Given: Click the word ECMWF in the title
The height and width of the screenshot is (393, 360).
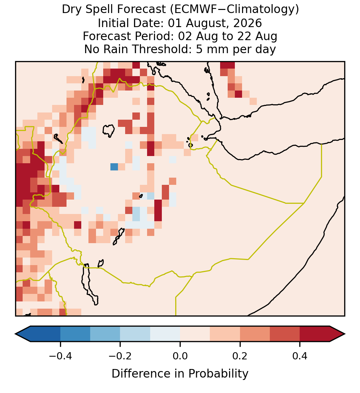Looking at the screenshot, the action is click(x=192, y=9).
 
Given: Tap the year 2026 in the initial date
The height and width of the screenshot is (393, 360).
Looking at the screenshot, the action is click(x=248, y=23).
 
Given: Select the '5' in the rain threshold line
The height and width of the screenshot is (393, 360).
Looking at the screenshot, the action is click(x=199, y=49).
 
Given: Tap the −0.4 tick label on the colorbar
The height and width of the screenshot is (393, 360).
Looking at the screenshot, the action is click(x=60, y=356).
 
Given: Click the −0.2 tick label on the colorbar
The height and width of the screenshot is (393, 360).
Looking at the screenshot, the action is click(x=120, y=356).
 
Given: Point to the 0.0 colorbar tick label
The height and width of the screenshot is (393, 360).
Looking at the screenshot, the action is click(x=180, y=356).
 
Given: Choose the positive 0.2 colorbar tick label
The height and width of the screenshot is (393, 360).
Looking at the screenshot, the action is click(x=240, y=356).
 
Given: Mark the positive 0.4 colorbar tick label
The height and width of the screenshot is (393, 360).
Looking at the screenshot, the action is click(x=300, y=356).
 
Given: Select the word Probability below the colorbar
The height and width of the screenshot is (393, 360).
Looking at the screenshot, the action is click(x=218, y=374).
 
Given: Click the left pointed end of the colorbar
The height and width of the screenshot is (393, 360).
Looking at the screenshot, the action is click(x=15, y=334).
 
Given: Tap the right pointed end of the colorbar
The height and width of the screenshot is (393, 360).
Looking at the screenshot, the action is click(x=345, y=334).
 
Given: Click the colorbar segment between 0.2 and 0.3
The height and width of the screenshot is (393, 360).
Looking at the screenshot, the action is click(x=255, y=334).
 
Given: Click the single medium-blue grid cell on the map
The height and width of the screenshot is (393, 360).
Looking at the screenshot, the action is click(x=114, y=167).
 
